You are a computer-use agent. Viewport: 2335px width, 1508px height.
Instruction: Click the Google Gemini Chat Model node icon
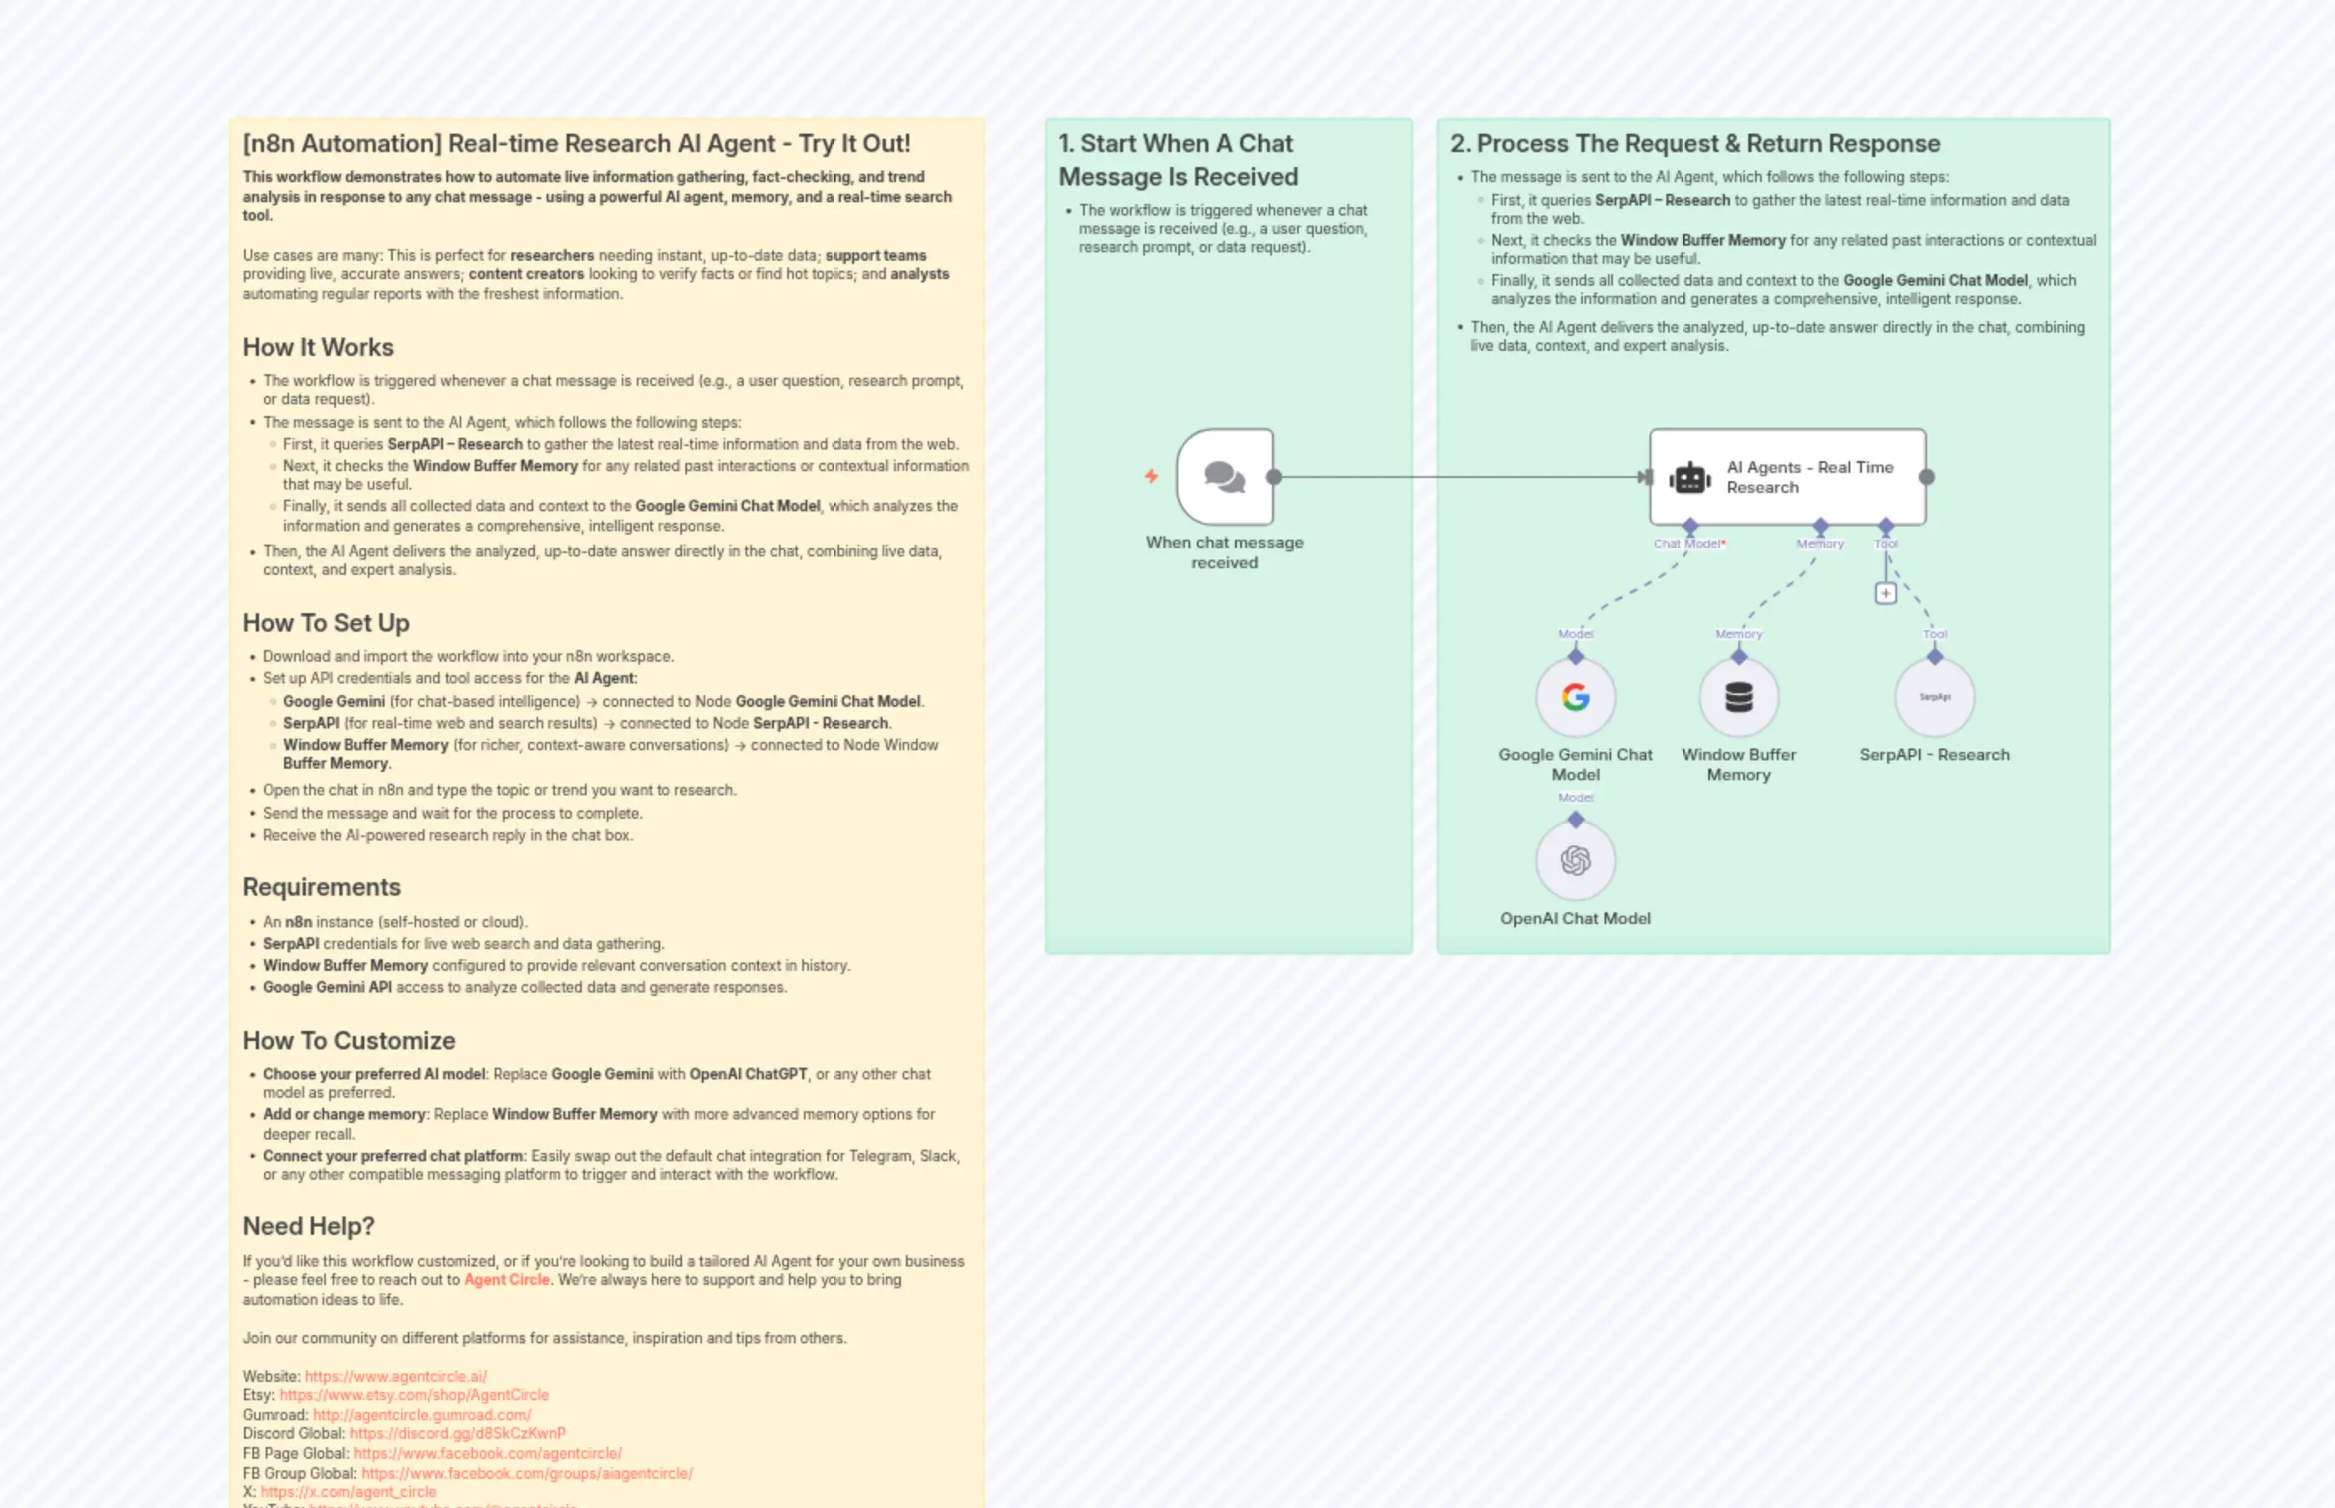1575,698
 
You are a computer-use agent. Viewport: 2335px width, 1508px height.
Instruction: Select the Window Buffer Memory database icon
1738,698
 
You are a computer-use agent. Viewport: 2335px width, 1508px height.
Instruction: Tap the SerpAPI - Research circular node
1935,698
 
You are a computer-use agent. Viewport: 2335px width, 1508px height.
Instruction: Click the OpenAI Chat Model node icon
1575,861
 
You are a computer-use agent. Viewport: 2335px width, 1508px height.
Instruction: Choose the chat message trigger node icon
1224,477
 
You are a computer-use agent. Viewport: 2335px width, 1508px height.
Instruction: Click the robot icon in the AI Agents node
1690,478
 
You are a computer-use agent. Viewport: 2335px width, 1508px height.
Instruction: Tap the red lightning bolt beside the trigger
1152,476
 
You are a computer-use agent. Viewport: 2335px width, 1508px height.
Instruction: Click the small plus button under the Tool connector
1885,593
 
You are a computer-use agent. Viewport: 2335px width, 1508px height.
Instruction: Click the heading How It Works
318,348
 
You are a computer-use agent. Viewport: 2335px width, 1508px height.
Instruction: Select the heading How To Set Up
325,622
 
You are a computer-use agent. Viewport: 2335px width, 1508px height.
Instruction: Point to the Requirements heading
321,887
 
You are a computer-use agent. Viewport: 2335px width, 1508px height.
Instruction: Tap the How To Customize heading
348,1041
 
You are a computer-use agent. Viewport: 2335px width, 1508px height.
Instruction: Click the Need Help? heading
308,1226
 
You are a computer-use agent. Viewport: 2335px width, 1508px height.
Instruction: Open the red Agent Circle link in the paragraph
506,1280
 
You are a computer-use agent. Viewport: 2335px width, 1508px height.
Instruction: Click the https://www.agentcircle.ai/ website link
395,1377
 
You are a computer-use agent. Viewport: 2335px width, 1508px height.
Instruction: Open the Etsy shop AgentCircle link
414,1395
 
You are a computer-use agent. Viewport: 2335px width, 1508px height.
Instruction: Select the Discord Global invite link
457,1434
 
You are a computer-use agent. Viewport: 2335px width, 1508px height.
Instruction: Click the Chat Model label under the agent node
1686,545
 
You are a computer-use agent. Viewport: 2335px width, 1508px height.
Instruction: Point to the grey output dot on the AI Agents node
1926,477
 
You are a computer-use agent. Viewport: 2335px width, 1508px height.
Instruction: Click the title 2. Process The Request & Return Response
1695,144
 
